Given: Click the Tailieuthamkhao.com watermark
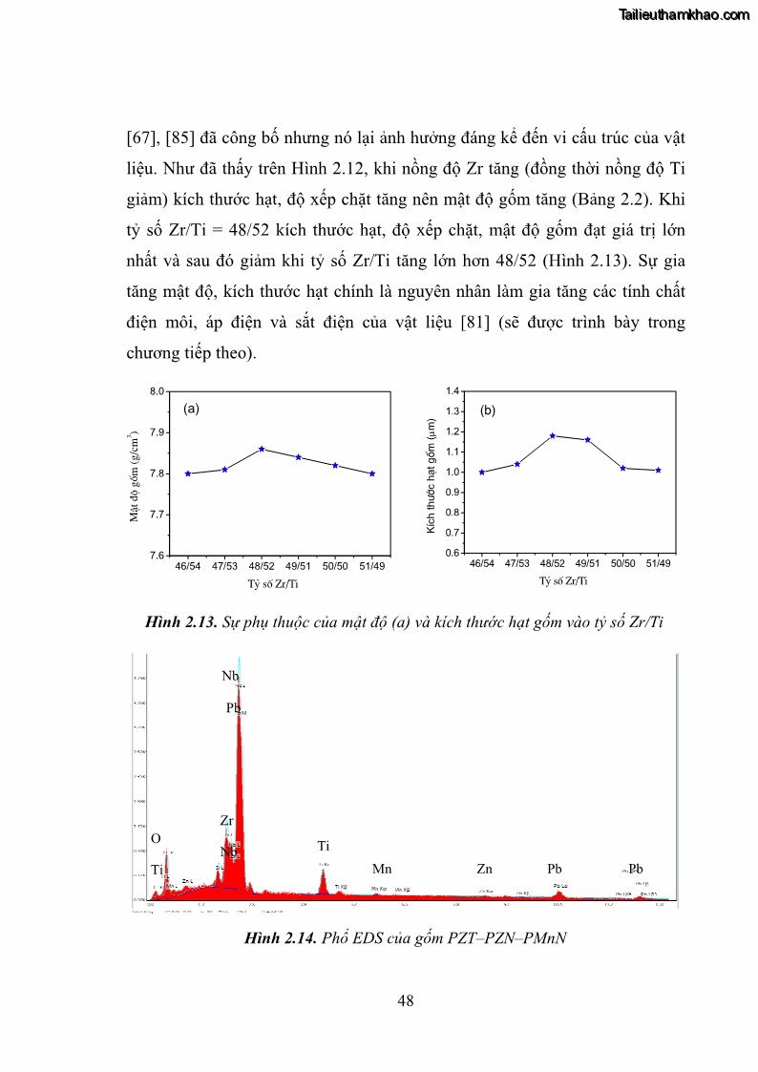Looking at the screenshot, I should tap(685, 14).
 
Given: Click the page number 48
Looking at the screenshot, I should tap(405, 1000).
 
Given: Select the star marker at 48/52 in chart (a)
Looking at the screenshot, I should tap(262, 449).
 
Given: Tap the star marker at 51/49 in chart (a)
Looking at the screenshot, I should tap(371, 473).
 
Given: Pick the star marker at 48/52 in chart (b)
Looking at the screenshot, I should tap(553, 435).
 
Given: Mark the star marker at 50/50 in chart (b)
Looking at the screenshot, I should tap(623, 468).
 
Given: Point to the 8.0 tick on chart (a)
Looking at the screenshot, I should tap(158, 391).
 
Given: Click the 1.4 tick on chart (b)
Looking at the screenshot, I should tap(453, 391).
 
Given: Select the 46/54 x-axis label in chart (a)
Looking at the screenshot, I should tap(188, 566).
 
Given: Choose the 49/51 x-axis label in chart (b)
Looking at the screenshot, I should tap(588, 564).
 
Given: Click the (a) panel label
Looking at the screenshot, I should tap(191, 409).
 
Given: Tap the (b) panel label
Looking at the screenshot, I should tap(488, 410).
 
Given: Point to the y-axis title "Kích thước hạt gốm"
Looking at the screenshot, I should tap(431, 473).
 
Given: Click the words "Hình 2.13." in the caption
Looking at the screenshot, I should tap(180, 623).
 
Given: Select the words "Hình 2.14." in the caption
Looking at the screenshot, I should tap(280, 938).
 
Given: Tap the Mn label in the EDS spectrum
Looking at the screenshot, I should tap(382, 869).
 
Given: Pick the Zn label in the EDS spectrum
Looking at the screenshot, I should tap(485, 869).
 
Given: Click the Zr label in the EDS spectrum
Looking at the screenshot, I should tap(226, 820).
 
